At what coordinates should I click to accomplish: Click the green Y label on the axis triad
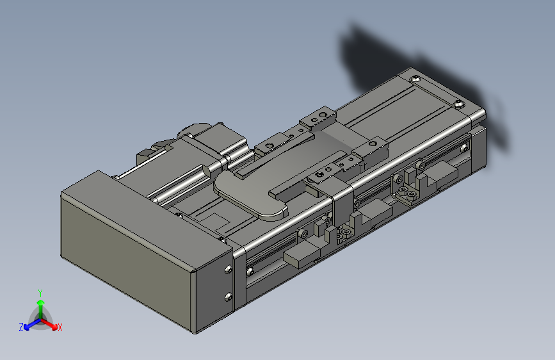pos(40,292)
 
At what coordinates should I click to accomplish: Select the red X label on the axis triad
pos(60,327)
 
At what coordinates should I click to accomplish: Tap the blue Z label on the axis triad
pos(21,327)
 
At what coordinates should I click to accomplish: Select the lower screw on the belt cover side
pos(227,296)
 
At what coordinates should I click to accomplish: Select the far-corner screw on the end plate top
pos(417,78)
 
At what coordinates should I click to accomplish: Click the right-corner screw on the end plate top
pos(458,105)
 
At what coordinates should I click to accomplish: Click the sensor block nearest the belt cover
pos(301,256)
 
